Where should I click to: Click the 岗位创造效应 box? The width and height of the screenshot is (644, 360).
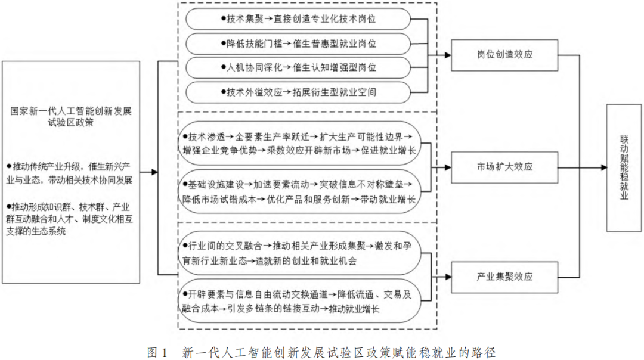[504, 55]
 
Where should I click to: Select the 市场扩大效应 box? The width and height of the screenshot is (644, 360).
[504, 167]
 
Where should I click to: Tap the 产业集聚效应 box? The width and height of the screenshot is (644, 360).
[504, 277]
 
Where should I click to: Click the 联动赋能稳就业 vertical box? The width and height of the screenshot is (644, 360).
[624, 167]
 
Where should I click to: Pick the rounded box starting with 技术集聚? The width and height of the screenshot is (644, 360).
[298, 19]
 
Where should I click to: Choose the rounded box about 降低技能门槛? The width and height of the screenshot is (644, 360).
[298, 44]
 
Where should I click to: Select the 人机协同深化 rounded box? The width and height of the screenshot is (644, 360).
[298, 68]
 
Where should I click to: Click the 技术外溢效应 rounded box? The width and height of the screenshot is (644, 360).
[298, 92]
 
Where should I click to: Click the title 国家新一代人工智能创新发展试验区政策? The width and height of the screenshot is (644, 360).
[70, 117]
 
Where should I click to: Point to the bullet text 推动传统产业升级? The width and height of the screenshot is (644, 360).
[69, 173]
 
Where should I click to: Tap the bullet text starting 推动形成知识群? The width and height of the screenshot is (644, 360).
[69, 219]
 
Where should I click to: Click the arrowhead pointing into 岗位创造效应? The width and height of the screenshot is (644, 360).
[448, 55]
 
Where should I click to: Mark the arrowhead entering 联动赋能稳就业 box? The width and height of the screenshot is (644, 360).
[603, 167]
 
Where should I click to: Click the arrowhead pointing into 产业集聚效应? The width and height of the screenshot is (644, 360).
[448, 277]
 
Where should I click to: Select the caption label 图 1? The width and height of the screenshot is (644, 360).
[157, 352]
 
